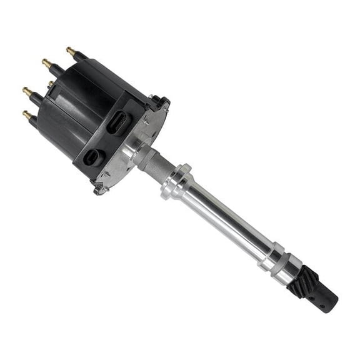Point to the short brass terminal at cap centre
tap(50, 84)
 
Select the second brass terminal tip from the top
tap(46, 62)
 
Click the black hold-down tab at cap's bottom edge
tap(99, 187)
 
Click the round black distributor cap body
tap(75, 106)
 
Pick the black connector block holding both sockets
tap(106, 141)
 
